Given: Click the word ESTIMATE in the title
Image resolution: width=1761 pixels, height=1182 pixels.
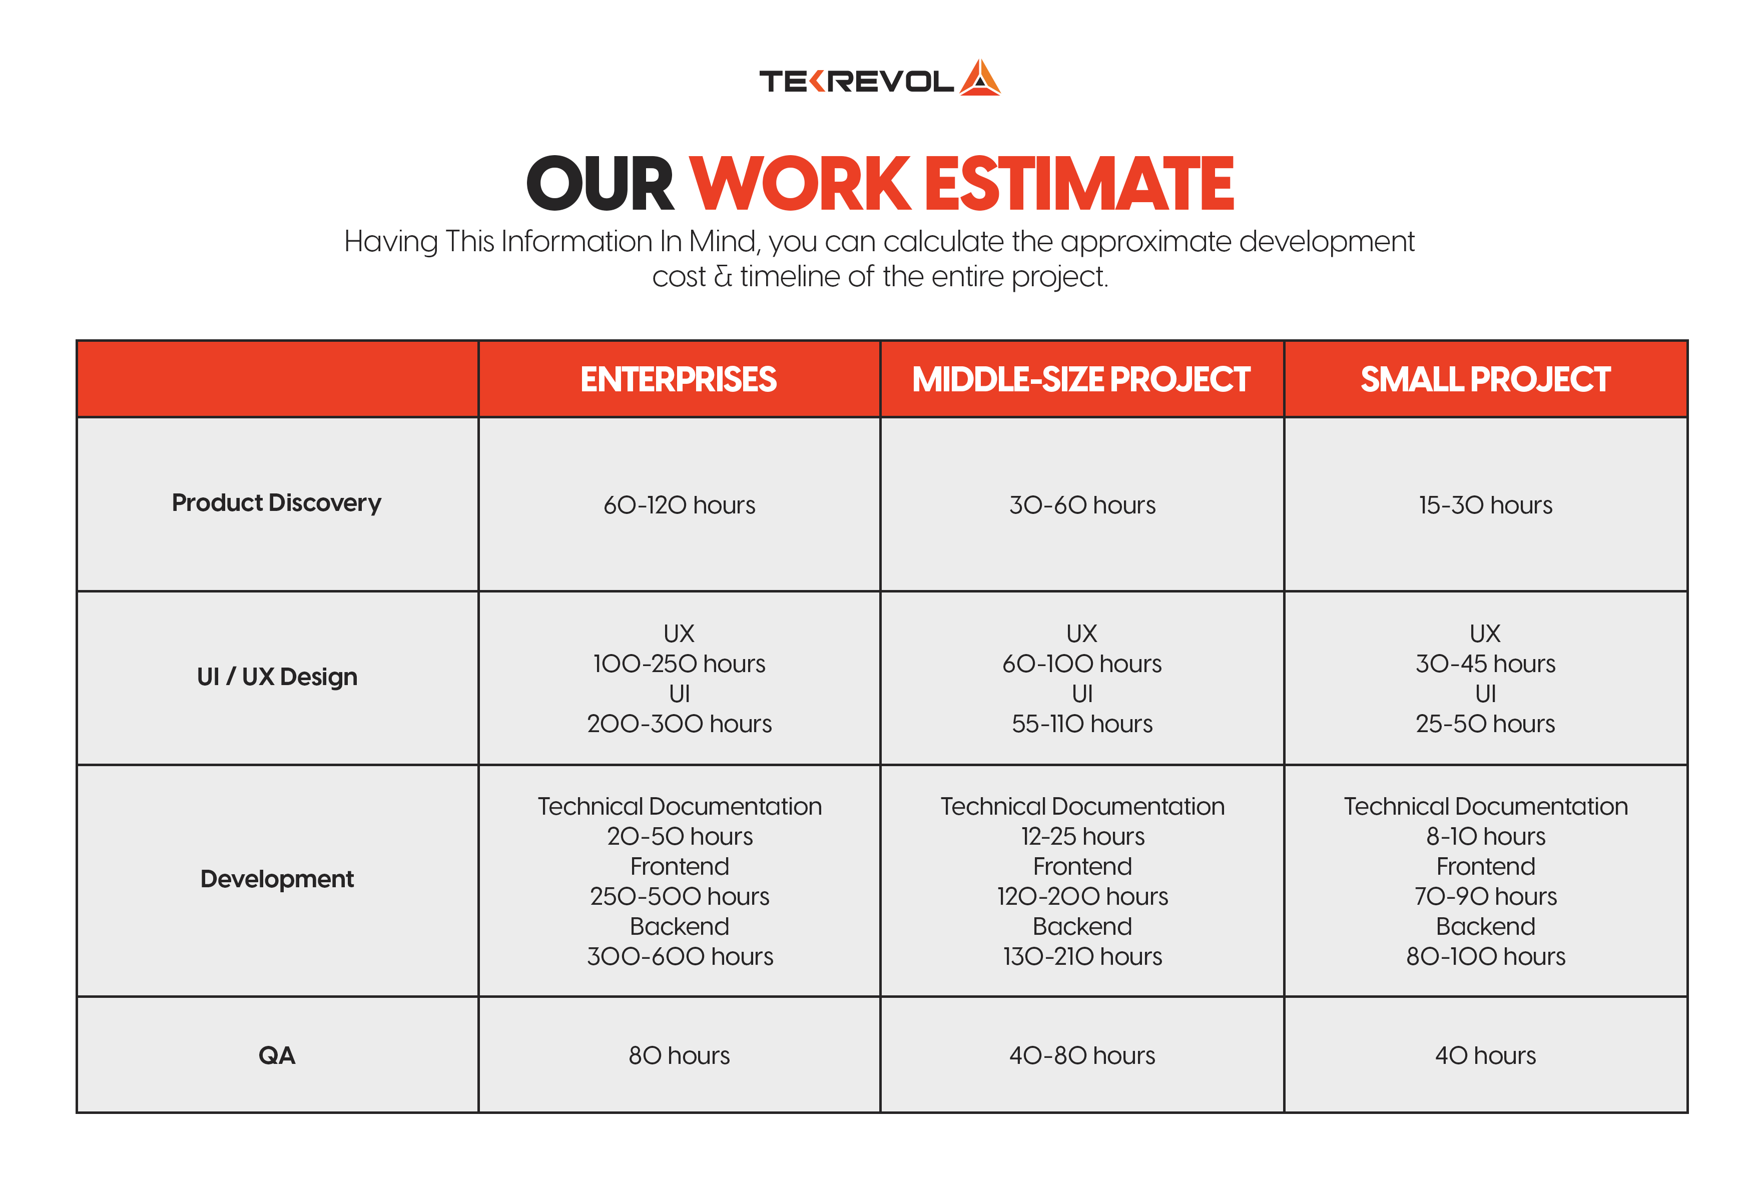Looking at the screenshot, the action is tap(1079, 184).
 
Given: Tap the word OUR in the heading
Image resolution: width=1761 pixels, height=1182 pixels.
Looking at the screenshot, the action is tap(600, 184).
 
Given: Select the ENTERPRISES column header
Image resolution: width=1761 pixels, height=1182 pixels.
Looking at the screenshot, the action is tap(679, 379).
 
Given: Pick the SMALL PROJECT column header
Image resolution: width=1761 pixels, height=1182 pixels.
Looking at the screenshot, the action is tap(1485, 379).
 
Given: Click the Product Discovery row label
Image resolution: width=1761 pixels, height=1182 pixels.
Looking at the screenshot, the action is tap(277, 503).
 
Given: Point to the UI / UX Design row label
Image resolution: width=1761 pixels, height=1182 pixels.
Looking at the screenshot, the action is tap(277, 677).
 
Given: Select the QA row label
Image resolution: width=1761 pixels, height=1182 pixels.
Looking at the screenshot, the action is tap(277, 1055).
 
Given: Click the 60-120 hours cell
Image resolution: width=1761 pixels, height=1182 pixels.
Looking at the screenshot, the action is tap(679, 505).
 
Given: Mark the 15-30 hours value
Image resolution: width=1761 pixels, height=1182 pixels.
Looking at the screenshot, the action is tap(1485, 505).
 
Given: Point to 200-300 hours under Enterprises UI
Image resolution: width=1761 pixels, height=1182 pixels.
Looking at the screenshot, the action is tap(679, 724).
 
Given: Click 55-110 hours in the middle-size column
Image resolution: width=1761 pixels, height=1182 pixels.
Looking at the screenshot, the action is tap(1082, 724).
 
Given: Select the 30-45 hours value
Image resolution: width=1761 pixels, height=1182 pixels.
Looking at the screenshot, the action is tap(1485, 664).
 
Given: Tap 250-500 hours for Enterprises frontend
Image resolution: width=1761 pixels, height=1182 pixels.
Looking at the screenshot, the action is tap(679, 896).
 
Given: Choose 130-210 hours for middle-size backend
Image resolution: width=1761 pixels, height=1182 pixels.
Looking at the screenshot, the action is tap(1082, 957).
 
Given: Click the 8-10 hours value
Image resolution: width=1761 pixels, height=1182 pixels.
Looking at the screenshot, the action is tap(1485, 836).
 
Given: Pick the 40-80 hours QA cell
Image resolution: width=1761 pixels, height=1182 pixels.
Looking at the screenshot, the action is tap(1082, 1055).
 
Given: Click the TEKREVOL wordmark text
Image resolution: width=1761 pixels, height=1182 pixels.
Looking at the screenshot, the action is tap(856, 81).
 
